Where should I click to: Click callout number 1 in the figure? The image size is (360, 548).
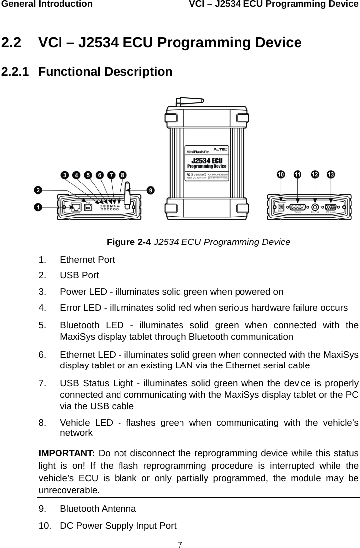(38, 207)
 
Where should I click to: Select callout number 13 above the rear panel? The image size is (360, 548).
(330, 175)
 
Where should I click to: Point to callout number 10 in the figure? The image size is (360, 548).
(281, 175)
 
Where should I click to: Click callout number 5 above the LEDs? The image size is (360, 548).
(88, 175)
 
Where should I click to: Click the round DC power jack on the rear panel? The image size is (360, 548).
(282, 208)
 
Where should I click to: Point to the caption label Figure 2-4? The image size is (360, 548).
(129, 242)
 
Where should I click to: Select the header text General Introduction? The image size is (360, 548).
(46, 4)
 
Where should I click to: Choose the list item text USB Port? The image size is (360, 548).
(79, 275)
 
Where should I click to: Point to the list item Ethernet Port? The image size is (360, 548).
(87, 259)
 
